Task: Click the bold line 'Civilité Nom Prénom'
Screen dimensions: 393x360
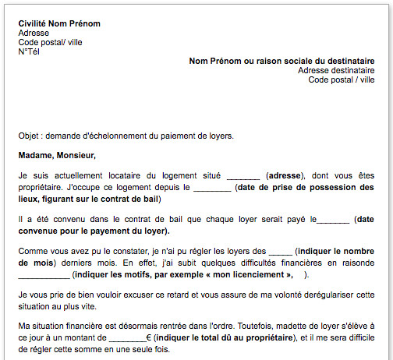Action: coord(59,23)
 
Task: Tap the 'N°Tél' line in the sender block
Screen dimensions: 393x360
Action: coord(29,51)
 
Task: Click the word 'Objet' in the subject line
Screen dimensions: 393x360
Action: coord(28,136)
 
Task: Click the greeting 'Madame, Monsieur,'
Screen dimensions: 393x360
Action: coord(53,155)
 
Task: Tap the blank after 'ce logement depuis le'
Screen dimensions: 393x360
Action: coord(212,188)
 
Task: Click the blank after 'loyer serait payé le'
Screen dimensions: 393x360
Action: coord(334,221)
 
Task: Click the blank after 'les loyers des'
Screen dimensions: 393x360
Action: coord(279,253)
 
